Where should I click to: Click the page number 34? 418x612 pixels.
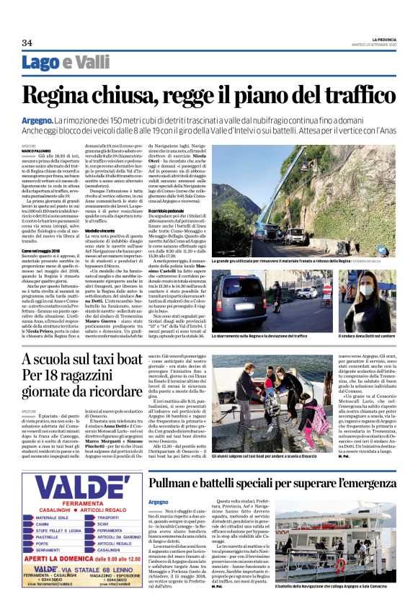point(27,43)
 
